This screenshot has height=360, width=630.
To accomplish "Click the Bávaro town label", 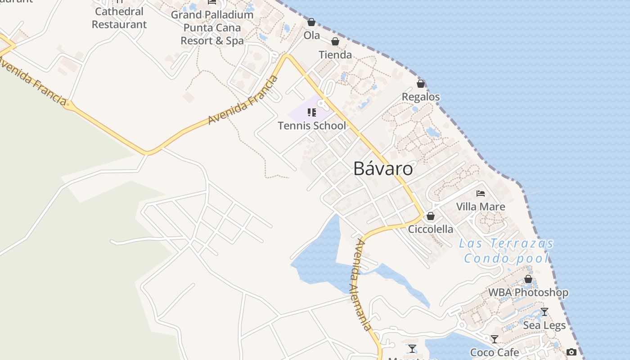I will tap(383, 169).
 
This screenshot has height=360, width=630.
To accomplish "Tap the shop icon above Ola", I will tap(311, 22).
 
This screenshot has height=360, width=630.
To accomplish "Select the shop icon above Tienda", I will tap(335, 42).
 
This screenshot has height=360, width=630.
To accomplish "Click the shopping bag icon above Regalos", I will tap(421, 84).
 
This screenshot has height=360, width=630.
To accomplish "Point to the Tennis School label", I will tap(312, 126).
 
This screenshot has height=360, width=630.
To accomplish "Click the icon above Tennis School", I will tap(312, 112).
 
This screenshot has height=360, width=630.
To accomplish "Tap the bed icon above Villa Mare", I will tap(481, 193).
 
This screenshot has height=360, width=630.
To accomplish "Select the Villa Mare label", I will tap(481, 207).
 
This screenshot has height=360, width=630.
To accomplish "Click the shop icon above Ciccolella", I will tap(431, 216).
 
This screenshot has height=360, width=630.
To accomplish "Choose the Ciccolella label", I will tap(431, 229).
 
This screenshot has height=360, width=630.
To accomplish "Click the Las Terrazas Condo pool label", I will tap(506, 251).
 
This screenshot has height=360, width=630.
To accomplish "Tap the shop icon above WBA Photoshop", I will tap(528, 279).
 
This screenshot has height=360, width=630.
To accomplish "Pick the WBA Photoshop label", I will tap(528, 292).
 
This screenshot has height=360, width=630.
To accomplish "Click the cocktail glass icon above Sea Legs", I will tap(544, 312).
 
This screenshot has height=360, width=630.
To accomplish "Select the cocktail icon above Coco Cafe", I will tap(495, 339).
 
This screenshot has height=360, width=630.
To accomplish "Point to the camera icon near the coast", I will tap(571, 352).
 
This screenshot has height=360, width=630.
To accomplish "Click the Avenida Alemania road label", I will tap(363, 284).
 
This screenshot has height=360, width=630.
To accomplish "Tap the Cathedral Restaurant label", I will tap(119, 18).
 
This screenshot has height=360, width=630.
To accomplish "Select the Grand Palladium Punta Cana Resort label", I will tap(212, 27).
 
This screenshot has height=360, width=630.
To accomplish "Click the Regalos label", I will tap(421, 97).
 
